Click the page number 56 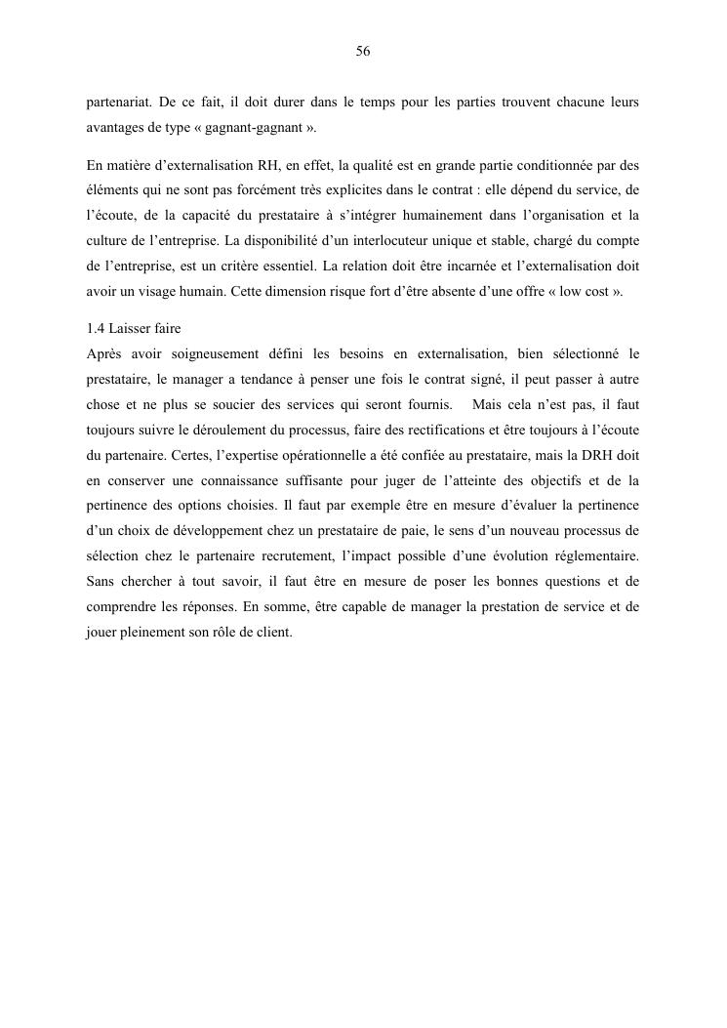pos(363,52)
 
